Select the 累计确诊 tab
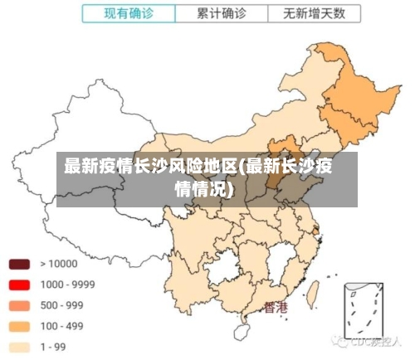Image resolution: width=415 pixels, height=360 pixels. [x=221, y=13]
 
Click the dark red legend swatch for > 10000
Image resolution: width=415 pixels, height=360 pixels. [x=20, y=264]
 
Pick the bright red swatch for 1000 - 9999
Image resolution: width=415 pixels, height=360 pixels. [x=20, y=285]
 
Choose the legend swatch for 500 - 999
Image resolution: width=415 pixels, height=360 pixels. [x=20, y=305]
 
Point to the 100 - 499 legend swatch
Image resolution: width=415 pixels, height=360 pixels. [x=20, y=326]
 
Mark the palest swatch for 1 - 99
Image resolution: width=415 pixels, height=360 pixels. [x=20, y=347]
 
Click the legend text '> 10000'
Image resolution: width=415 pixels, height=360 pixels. [x=59, y=264]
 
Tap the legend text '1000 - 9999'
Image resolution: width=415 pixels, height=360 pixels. [x=67, y=285]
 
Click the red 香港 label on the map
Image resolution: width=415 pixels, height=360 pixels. [x=276, y=308]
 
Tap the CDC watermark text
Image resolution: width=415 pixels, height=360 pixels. [x=369, y=342]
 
